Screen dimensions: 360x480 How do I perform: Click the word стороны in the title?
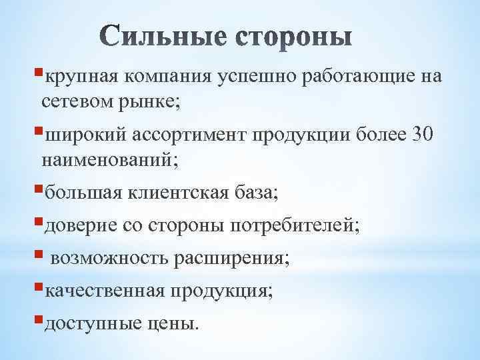(x=293, y=37)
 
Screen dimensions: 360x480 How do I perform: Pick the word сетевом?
(x=75, y=103)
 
